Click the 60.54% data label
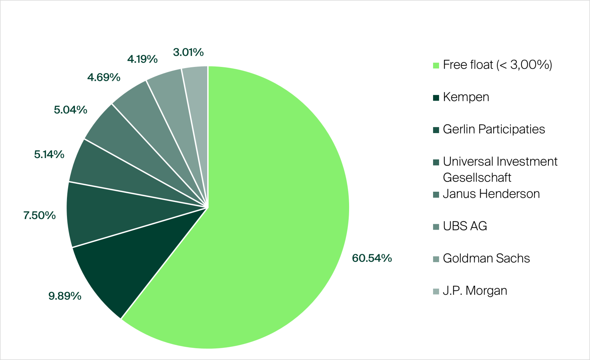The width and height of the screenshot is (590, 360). pyautogui.click(x=372, y=258)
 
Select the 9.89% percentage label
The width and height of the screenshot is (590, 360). pyautogui.click(x=65, y=296)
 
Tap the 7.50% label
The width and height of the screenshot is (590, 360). pyautogui.click(x=39, y=216)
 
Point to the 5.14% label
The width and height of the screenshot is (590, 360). pyautogui.click(x=49, y=154)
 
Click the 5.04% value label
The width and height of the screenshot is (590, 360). pyautogui.click(x=70, y=110)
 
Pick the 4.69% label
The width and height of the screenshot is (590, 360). pyautogui.click(x=104, y=78)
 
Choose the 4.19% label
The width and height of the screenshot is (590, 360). pyautogui.click(x=142, y=59)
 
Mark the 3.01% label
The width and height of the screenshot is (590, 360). pyautogui.click(x=188, y=52)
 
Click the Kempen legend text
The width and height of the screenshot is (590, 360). pyautogui.click(x=466, y=97)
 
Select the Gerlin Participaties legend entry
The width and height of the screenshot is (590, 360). pyautogui.click(x=494, y=129)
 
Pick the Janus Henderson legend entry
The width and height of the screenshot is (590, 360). pyautogui.click(x=491, y=194)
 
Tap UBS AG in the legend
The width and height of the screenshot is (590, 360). pyautogui.click(x=465, y=226)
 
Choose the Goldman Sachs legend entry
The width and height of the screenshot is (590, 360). pyautogui.click(x=486, y=258)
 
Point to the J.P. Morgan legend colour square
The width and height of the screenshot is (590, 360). pyautogui.click(x=436, y=291)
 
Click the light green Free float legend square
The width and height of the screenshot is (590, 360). pyautogui.click(x=436, y=65)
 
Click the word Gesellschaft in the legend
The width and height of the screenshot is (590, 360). pyautogui.click(x=477, y=177)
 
